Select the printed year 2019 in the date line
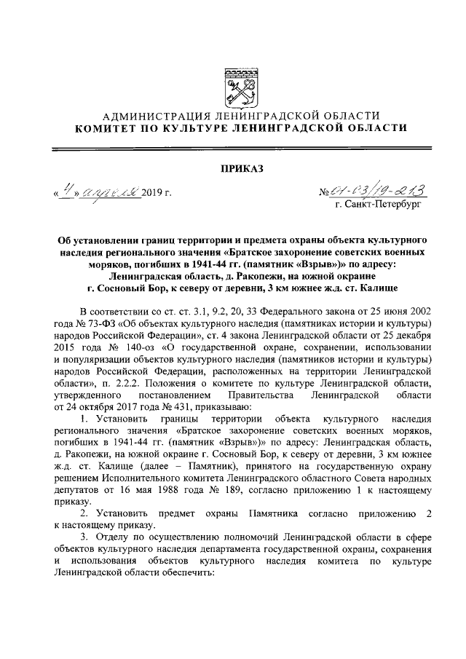click(154, 194)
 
